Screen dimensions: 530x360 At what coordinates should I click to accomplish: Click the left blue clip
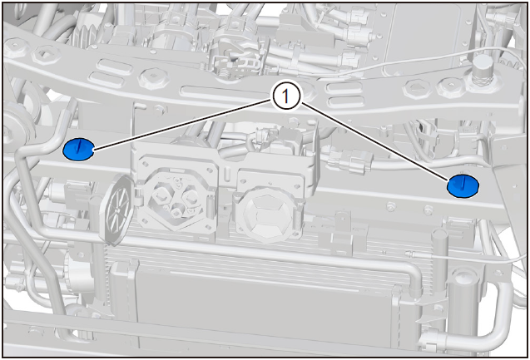pyautogui.click(x=78, y=150)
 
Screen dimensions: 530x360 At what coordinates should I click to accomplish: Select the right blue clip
pyautogui.click(x=463, y=185)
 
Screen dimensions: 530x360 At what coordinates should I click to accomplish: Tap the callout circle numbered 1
pyautogui.click(x=285, y=97)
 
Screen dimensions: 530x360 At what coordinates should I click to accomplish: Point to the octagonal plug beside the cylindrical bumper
pyautogui.click(x=450, y=87)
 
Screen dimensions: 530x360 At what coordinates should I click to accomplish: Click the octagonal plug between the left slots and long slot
pyautogui.click(x=153, y=78)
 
